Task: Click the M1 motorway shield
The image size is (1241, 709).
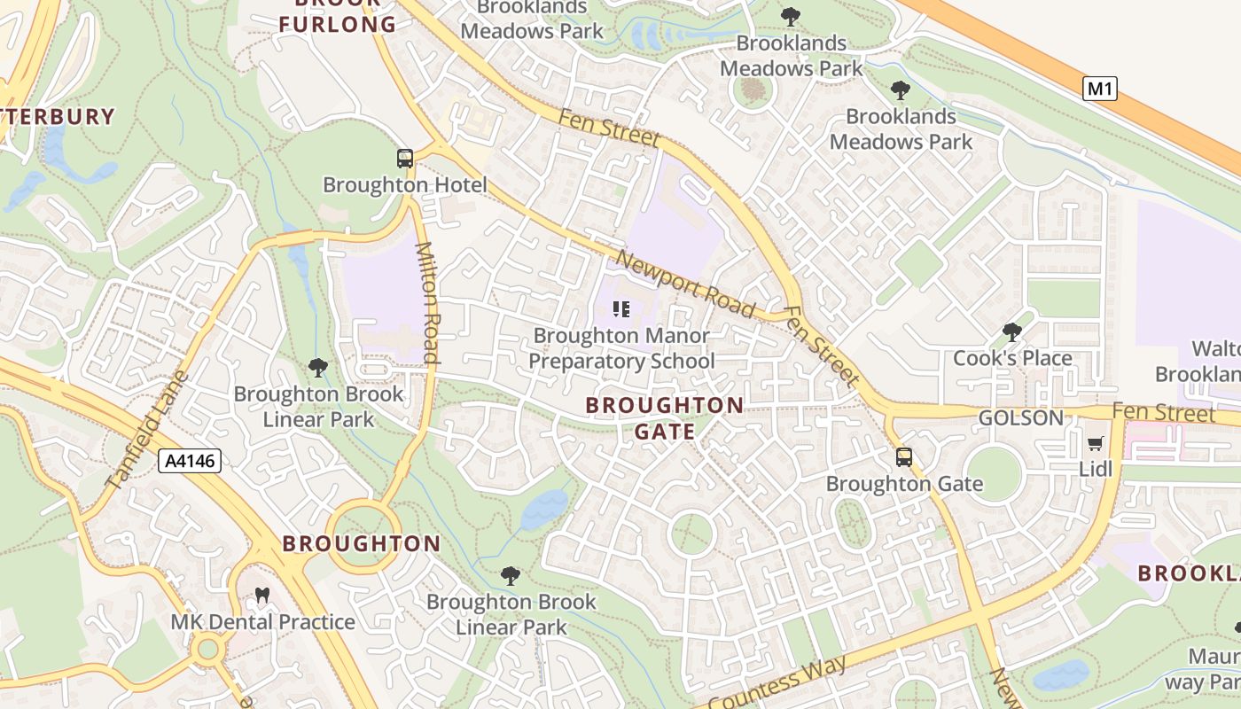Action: (x=1099, y=89)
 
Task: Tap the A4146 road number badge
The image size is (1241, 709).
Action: (x=190, y=461)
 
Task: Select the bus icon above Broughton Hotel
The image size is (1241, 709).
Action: (x=405, y=159)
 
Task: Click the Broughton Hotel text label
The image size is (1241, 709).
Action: (x=405, y=185)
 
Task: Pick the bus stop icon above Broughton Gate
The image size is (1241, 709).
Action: (x=904, y=457)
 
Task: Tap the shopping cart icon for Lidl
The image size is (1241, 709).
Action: (x=1096, y=443)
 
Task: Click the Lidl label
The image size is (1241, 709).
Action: (x=1096, y=468)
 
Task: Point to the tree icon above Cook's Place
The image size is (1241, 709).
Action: (x=1011, y=332)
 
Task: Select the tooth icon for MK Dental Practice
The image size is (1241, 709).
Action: (x=261, y=596)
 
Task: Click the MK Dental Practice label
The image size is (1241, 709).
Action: (x=262, y=622)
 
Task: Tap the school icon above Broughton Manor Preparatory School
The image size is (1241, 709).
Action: (x=621, y=309)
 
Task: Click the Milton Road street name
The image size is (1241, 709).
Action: (x=427, y=303)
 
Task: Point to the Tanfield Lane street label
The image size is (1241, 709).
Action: (x=147, y=431)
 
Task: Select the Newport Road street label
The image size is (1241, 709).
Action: (x=685, y=284)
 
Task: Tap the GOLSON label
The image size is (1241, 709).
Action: (x=1020, y=417)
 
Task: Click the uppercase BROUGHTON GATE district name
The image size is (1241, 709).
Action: (x=665, y=418)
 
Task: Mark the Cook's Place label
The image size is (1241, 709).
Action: (x=1012, y=358)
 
